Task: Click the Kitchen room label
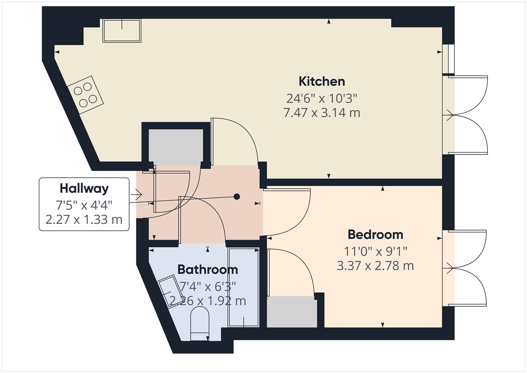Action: click(x=321, y=82)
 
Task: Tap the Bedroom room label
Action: click(x=375, y=235)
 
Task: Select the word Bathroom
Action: click(x=207, y=269)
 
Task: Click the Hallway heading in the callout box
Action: click(x=84, y=189)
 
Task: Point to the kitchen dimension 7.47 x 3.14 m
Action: click(x=322, y=113)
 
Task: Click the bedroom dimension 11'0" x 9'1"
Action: click(x=375, y=251)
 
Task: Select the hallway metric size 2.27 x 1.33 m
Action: click(x=84, y=220)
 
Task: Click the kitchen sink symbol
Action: click(x=122, y=31)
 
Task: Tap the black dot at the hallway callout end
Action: click(x=237, y=197)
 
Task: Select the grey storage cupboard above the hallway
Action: click(x=175, y=147)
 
